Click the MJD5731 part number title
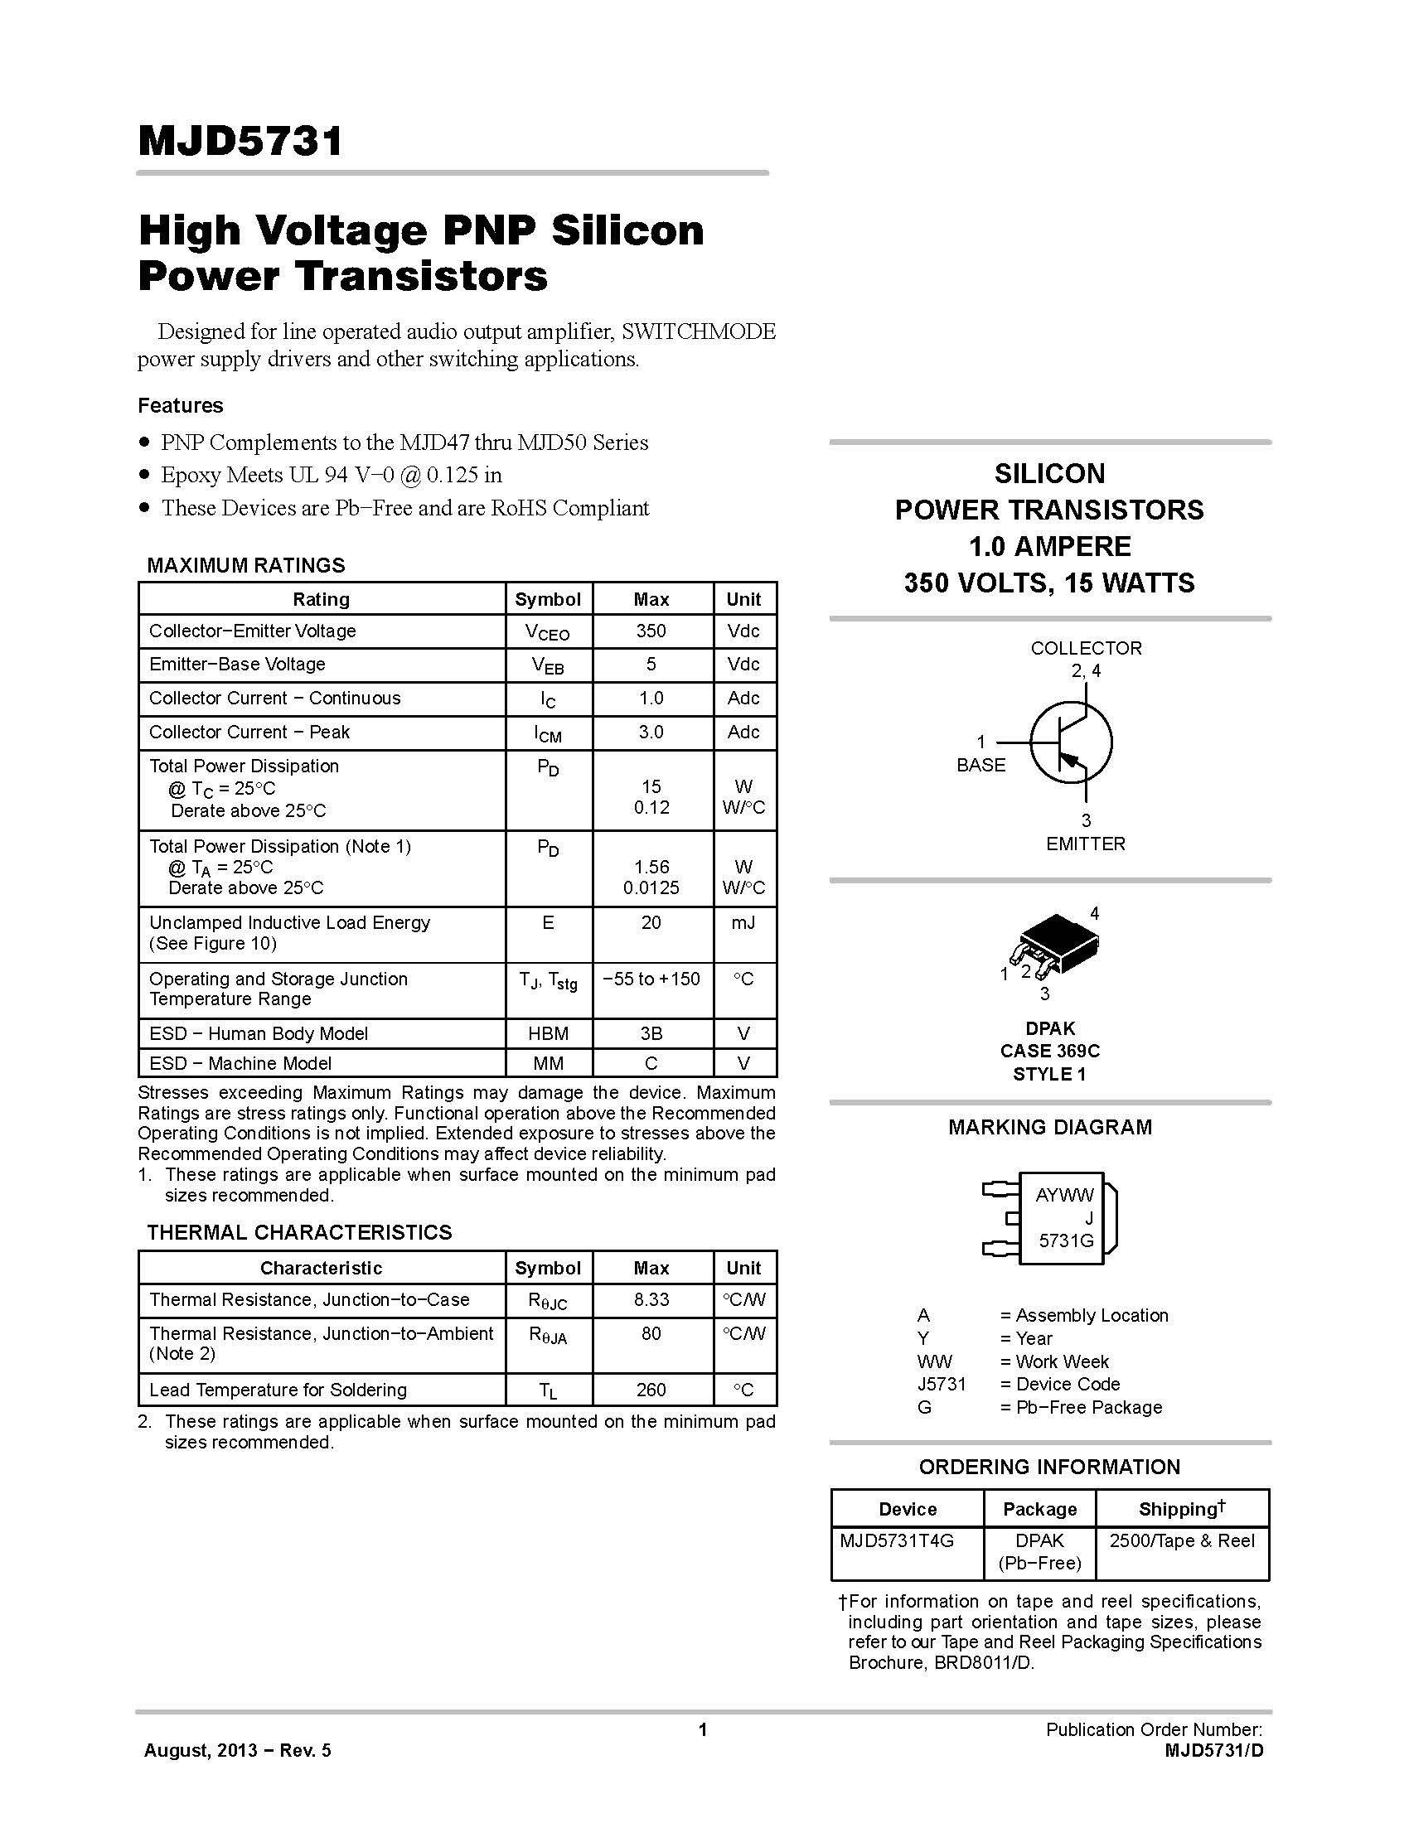(240, 141)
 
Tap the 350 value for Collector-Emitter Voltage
(651, 631)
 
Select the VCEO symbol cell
(548, 633)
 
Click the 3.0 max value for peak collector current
(651, 732)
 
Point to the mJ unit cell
(743, 922)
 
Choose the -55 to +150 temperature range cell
(651, 979)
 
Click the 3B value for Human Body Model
(651, 1033)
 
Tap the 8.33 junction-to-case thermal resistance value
(651, 1299)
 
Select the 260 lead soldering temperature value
(651, 1390)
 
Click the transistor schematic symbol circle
(1071, 742)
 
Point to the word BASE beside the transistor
(980, 765)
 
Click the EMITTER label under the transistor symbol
(1085, 844)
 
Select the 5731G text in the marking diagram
(1066, 1241)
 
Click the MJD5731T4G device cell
(897, 1540)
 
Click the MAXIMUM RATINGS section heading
(245, 565)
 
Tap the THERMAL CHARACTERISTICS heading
(299, 1232)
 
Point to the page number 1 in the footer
(703, 1729)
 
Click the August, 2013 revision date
(237, 1750)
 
